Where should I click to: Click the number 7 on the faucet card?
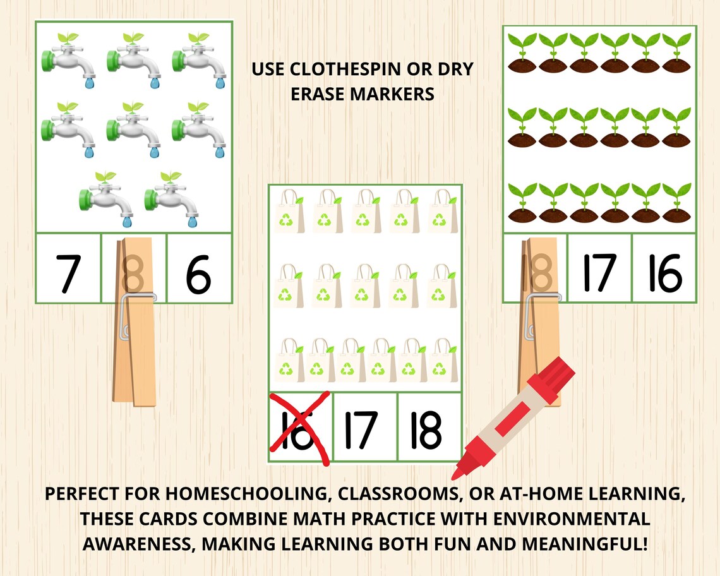pyautogui.click(x=68, y=274)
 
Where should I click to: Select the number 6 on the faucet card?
pyautogui.click(x=198, y=274)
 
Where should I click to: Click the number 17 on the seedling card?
pyautogui.click(x=598, y=272)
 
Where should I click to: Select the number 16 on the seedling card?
pyautogui.click(x=664, y=272)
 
